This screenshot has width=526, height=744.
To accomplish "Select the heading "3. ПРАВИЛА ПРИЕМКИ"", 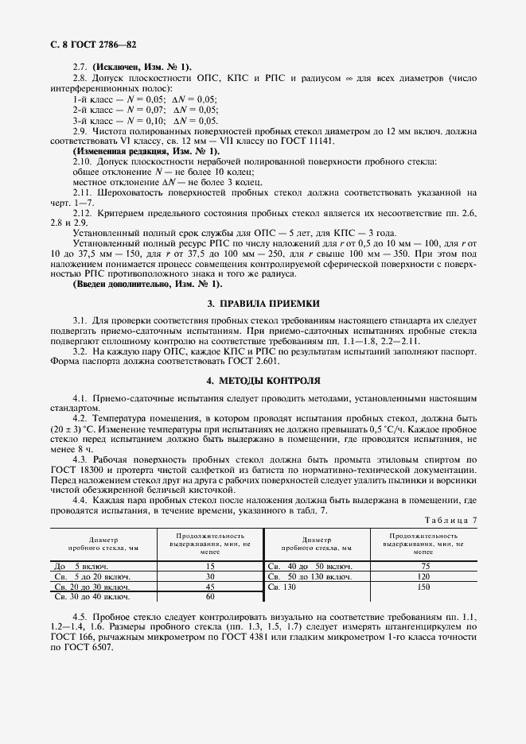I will tap(263, 303).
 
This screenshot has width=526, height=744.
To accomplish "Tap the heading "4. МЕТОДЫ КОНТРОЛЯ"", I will tap(263, 380).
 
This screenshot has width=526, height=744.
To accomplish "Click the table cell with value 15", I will tap(211, 566).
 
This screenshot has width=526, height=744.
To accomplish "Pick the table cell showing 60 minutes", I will tap(211, 595).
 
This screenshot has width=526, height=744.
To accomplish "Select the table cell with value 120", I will tap(423, 576).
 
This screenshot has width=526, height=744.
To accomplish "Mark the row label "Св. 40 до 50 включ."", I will tap(306, 566).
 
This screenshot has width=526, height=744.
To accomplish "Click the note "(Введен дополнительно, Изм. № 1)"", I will tap(148, 284).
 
